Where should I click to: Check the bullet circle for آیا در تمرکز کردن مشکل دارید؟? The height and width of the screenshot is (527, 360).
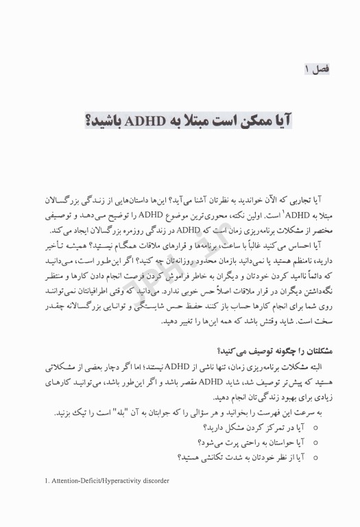[x=315, y=426]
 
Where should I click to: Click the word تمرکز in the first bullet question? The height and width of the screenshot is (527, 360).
[x=265, y=426]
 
